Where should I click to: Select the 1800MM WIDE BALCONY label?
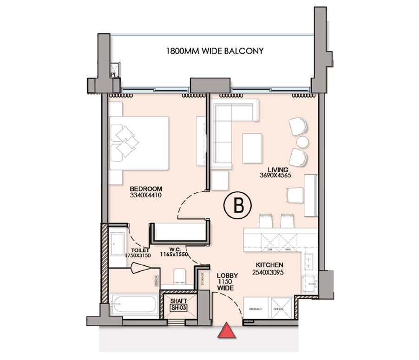click(214, 51)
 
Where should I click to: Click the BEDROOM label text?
click(145, 189)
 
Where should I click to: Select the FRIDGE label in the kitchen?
click(278, 309)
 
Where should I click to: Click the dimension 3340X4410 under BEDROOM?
click(145, 195)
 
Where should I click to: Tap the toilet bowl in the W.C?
click(179, 275)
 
